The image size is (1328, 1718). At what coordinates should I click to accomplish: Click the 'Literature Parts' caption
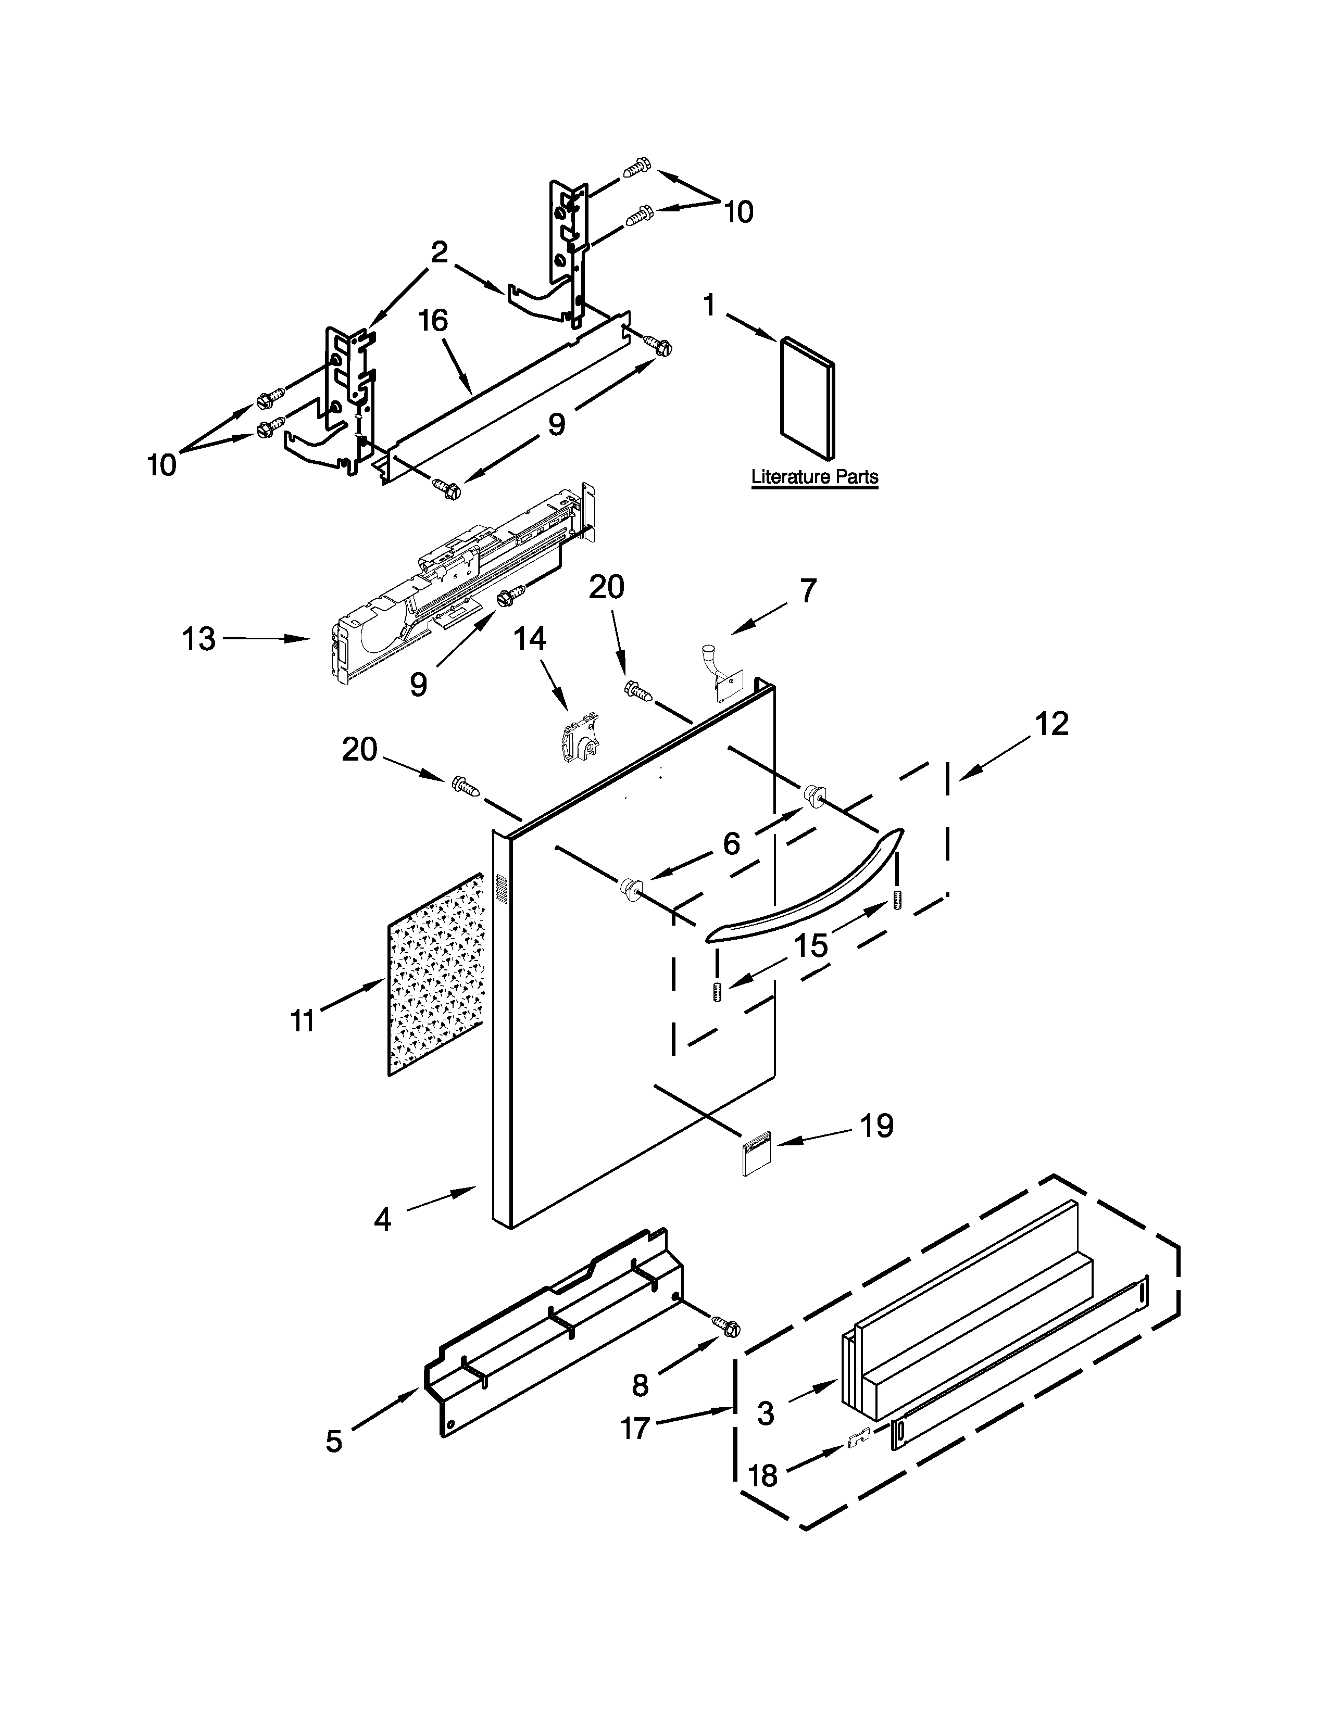coord(815,477)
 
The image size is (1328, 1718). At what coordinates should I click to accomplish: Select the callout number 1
coord(710,305)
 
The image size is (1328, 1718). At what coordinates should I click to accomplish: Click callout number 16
coord(433,321)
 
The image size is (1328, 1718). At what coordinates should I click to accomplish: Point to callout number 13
coord(199,639)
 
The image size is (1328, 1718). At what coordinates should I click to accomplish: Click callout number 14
coord(530,639)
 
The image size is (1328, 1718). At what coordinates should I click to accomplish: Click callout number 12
coord(1052,724)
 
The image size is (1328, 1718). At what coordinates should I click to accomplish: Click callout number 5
coord(334,1441)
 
